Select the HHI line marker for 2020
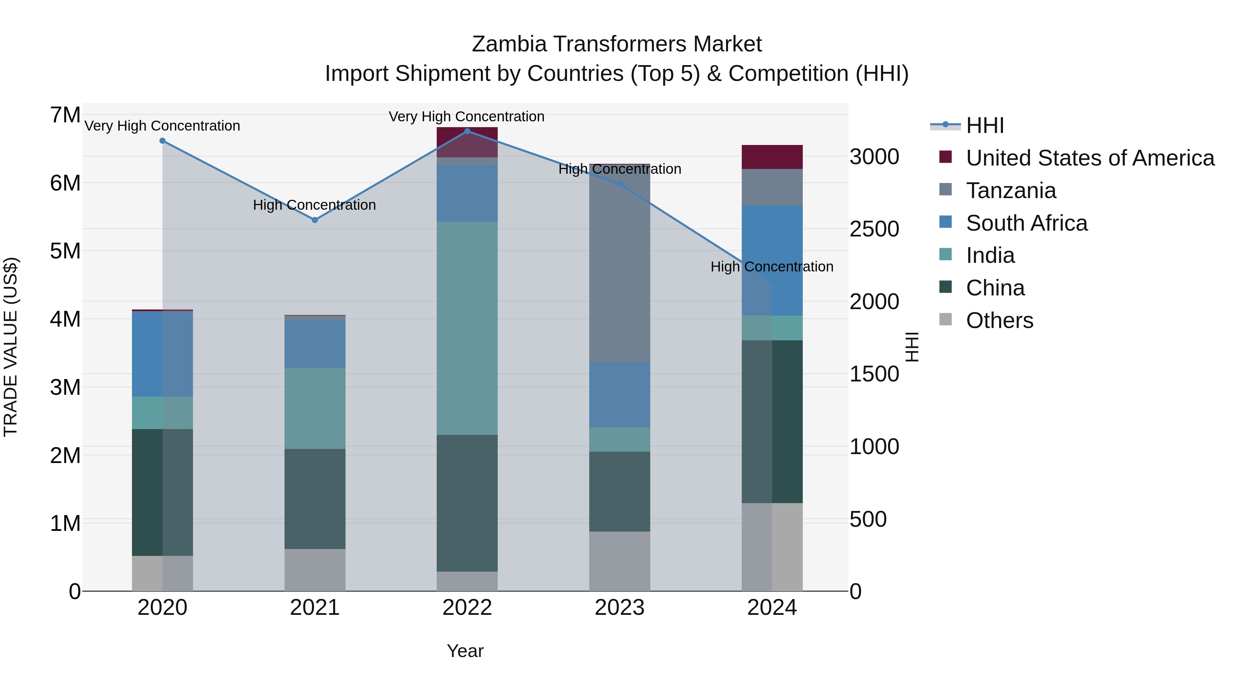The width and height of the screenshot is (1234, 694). [162, 141]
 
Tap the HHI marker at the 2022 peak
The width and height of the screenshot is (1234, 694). [467, 131]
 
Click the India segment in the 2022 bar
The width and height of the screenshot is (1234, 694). [467, 328]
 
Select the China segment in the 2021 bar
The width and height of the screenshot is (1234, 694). [315, 499]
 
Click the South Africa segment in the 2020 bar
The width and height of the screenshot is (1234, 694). [162, 354]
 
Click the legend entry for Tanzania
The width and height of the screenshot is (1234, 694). [1011, 191]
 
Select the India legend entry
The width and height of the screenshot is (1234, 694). [990, 255]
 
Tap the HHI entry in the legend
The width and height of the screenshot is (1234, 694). [985, 125]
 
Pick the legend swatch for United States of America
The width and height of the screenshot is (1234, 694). [946, 157]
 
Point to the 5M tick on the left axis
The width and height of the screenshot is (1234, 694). [65, 251]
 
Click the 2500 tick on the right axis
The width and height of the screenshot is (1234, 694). [874, 229]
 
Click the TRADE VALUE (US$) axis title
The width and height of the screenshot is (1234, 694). [11, 347]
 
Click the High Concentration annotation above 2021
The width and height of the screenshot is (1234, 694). [314, 205]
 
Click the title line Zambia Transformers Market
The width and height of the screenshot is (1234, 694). [617, 44]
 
